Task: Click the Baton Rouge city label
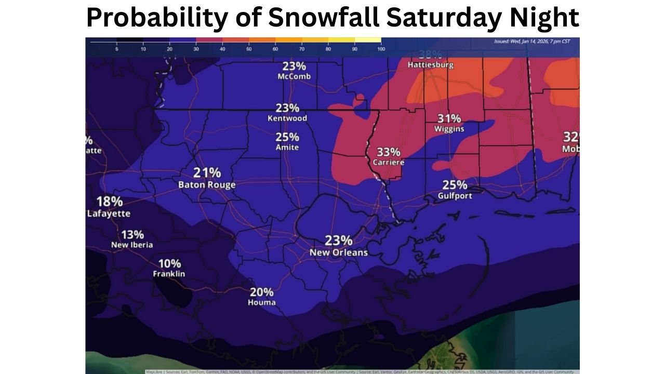[x=207, y=185]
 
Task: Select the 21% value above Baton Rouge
[x=207, y=172]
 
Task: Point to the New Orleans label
[x=338, y=252]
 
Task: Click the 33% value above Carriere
[x=388, y=152]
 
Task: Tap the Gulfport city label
[x=455, y=196]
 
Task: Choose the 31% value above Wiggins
[x=449, y=118]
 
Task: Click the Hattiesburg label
[x=430, y=65]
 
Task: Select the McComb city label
[x=294, y=76]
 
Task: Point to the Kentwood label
[x=287, y=118]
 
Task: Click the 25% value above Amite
[x=287, y=137]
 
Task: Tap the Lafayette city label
[x=109, y=213]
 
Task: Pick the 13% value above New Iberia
[x=132, y=234]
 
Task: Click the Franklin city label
[x=169, y=274]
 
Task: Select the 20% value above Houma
[x=262, y=291]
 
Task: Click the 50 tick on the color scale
[x=249, y=49]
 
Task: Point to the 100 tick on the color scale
[x=381, y=49]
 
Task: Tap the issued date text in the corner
[x=536, y=42]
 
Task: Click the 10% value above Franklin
[x=170, y=263]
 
